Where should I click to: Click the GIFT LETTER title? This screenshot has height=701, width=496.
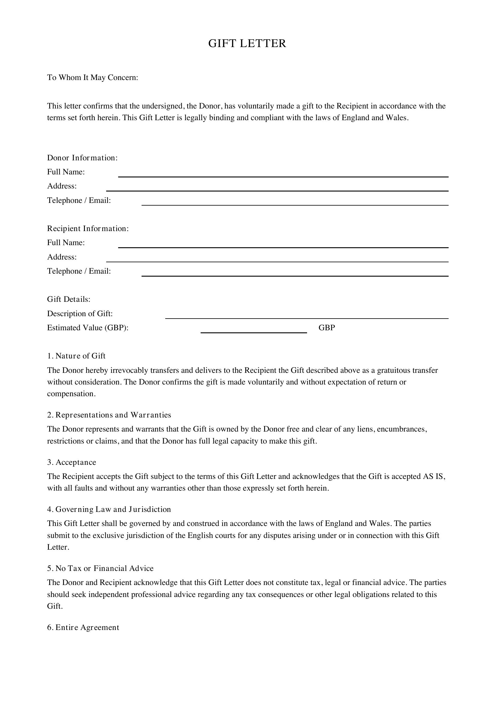(247, 43)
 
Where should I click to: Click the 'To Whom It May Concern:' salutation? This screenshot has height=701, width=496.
(93, 78)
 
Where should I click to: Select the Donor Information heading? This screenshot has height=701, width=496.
(82, 158)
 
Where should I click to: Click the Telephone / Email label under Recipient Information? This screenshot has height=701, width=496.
(79, 271)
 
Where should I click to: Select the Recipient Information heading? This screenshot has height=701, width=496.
(88, 229)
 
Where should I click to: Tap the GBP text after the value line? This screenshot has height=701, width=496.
(327, 328)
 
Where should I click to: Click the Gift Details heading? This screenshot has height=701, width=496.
(69, 299)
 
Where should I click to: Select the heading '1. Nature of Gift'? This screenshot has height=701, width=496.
(76, 356)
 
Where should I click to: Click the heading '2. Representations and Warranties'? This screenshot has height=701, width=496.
(109, 415)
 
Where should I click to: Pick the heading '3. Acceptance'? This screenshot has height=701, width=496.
(71, 462)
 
